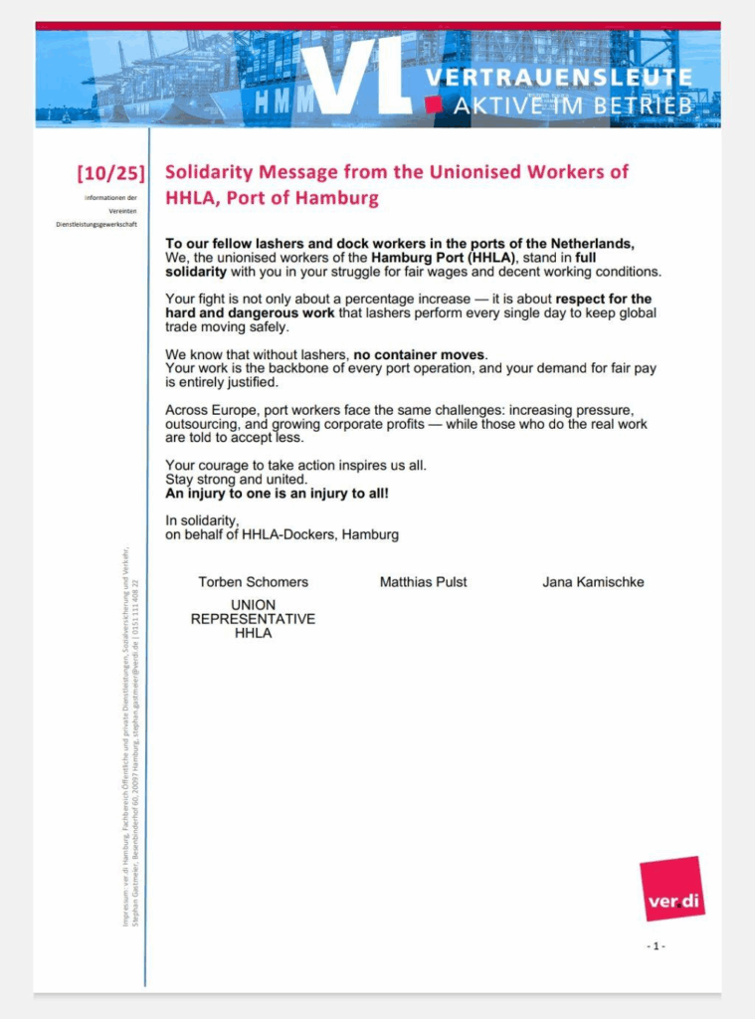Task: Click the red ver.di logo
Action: [x=671, y=889]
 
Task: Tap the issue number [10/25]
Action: [x=110, y=173]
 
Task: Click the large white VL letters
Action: [x=356, y=76]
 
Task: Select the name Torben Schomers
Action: [x=253, y=582]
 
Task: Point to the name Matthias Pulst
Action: [x=423, y=582]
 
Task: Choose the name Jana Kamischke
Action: [x=593, y=582]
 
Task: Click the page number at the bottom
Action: [x=656, y=945]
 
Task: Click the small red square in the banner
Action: [x=433, y=104]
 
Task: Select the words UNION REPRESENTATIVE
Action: [x=253, y=612]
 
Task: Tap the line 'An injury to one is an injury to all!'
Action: [x=277, y=493]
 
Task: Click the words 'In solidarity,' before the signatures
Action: [x=202, y=520]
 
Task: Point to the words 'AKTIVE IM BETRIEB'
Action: [x=573, y=105]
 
